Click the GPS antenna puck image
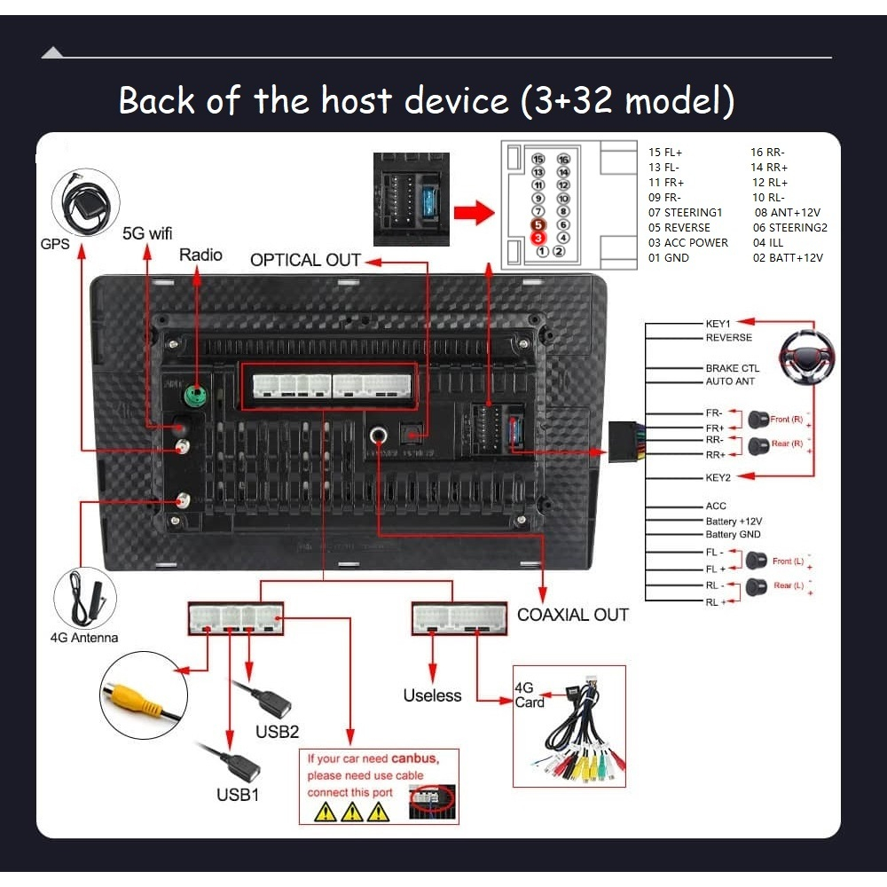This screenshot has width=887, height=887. click(x=85, y=206)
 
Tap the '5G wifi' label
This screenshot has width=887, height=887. click(x=147, y=234)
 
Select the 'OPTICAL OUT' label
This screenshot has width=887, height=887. click(x=305, y=261)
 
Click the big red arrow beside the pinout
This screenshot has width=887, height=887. click(x=473, y=213)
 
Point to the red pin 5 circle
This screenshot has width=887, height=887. click(x=537, y=225)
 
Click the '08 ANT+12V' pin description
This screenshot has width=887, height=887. click(x=787, y=213)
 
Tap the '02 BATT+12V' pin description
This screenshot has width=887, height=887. click(x=788, y=258)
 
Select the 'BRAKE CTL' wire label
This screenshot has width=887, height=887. click(x=732, y=368)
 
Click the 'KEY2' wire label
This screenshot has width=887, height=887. click(x=718, y=477)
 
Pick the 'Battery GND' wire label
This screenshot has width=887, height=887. click(x=733, y=535)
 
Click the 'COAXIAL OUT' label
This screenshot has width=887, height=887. click(x=572, y=615)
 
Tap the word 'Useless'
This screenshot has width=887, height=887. click(x=432, y=696)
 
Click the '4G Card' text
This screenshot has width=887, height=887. click(x=530, y=695)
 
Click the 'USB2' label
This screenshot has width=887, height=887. click(x=278, y=732)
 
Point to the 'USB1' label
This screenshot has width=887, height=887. click(x=238, y=795)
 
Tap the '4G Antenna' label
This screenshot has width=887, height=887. click(x=83, y=638)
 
